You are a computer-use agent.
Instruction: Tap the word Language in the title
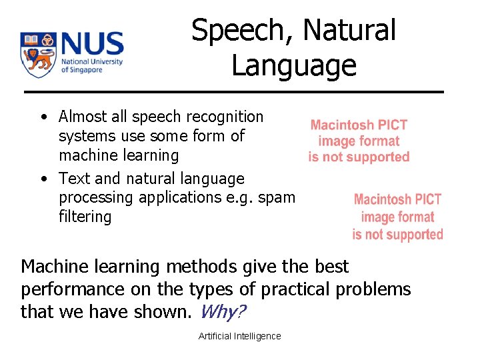click(x=293, y=65)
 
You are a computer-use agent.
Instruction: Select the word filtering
click(x=85, y=217)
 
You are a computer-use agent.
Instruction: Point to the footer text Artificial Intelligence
click(x=239, y=336)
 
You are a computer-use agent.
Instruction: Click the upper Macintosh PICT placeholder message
click(x=359, y=141)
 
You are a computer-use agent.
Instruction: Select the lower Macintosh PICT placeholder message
click(x=397, y=217)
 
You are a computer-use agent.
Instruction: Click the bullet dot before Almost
click(x=43, y=118)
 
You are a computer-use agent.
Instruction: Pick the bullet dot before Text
click(x=43, y=179)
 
